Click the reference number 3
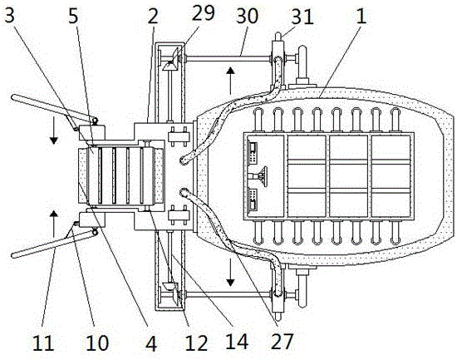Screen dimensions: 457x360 coord(10,15)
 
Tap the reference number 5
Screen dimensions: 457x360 coord(73,16)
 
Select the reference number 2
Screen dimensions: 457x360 coord(153,16)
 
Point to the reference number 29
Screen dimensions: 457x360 coord(203,12)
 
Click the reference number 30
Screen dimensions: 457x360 coord(247,16)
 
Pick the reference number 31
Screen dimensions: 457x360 coord(302,17)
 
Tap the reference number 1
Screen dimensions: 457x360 coord(361,16)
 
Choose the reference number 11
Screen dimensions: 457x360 coord(43,343)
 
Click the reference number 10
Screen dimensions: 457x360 coord(97,343)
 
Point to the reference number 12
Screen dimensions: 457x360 coord(197,343)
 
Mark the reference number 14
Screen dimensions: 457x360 coord(238,342)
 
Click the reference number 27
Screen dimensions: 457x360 coord(282,342)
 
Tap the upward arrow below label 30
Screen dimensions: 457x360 coord(230,81)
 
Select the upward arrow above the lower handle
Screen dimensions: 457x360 coord(53,224)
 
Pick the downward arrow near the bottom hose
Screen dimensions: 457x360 coord(230,272)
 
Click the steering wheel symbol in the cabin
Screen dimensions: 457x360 coord(260,176)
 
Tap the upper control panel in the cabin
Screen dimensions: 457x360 coord(253,152)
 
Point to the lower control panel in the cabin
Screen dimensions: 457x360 coord(253,200)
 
